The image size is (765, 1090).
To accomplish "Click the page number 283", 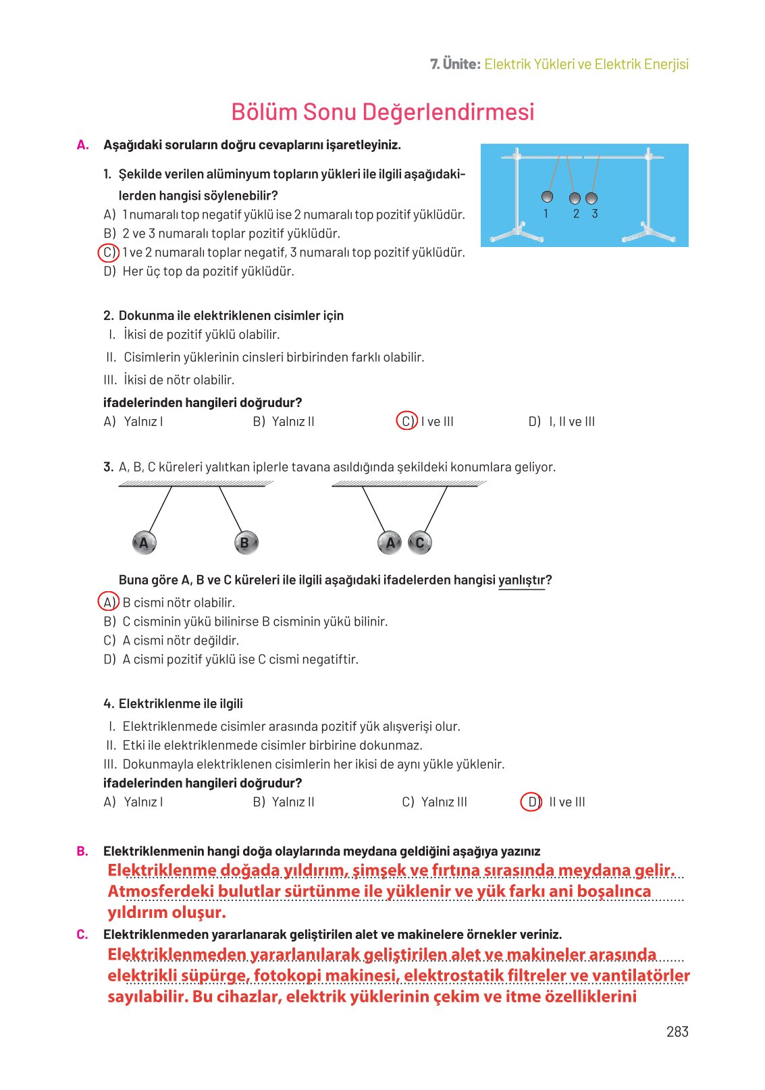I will click(677, 1031).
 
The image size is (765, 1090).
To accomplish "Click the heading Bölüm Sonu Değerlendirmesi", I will click(382, 112).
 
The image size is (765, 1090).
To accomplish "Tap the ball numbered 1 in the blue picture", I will click(548, 196).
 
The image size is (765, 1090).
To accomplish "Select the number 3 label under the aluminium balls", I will click(595, 213).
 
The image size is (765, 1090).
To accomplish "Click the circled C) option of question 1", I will click(109, 252).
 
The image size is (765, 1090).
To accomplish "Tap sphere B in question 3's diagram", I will click(245, 543).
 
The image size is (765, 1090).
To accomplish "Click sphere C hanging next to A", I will click(420, 543).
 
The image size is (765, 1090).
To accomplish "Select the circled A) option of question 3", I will click(109, 602).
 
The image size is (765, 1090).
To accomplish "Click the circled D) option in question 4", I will click(532, 802).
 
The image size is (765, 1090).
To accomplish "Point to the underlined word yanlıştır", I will click(521, 580).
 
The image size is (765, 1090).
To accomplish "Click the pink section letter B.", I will click(82, 852).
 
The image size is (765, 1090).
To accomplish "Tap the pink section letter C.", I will click(82, 935).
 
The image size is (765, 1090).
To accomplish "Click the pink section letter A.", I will click(82, 145).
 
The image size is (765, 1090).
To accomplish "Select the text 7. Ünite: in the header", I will click(455, 64).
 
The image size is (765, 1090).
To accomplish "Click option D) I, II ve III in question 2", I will click(562, 421).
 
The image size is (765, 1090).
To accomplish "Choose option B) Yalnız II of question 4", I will click(284, 802).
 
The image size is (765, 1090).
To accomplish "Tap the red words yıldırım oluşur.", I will click(167, 912).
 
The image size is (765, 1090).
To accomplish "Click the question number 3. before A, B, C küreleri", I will click(108, 467).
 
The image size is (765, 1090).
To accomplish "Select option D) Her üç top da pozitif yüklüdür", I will click(199, 271).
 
